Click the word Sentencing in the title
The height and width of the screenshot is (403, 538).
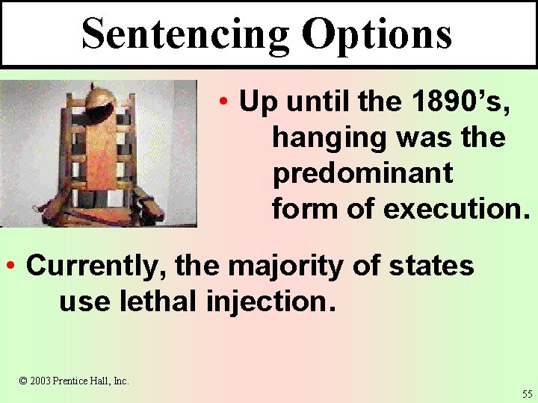tap(185, 34)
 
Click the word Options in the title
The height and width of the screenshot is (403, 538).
tap(377, 34)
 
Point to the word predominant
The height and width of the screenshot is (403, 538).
tap(362, 173)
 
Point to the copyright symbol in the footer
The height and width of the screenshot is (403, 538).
tap(23, 381)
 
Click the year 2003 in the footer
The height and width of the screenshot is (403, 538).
tap(41, 381)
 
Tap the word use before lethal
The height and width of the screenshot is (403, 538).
tap(80, 302)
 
